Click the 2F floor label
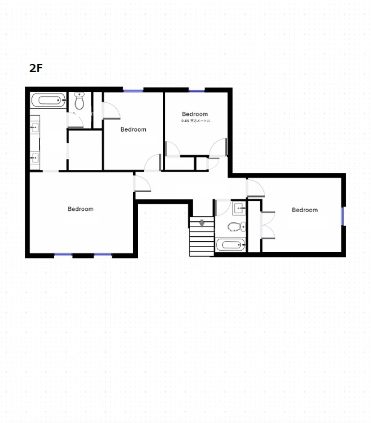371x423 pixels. click(36, 68)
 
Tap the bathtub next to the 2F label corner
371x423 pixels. click(48, 100)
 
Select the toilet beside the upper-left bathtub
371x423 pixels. click(79, 101)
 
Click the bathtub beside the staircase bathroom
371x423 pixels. click(231, 245)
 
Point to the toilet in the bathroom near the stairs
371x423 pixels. click(237, 227)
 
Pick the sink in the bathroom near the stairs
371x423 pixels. click(239, 208)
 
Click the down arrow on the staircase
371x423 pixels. click(202, 223)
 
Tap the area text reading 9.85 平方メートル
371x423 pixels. click(195, 121)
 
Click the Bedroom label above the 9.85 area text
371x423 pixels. click(195, 114)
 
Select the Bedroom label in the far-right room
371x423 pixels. click(305, 210)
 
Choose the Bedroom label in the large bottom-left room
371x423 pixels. click(80, 209)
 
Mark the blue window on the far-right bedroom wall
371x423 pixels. click(343, 216)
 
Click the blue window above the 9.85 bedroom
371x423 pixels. click(197, 91)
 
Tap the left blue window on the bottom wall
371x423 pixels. click(63, 254)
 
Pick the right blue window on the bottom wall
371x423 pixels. click(103, 254)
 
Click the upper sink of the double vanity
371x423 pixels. click(35, 126)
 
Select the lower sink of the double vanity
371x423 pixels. click(35, 157)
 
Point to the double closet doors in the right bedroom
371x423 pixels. click(268, 225)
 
